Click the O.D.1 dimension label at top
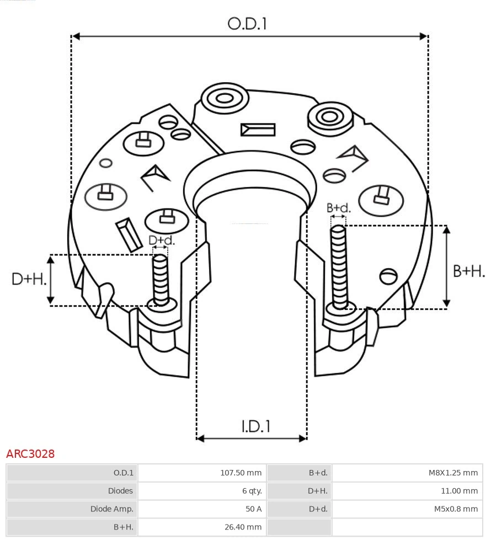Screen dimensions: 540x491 (x=247, y=23)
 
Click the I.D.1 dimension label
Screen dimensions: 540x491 (x=255, y=426)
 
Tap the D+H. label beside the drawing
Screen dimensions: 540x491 (x=29, y=279)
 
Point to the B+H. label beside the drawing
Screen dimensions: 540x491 (x=468, y=271)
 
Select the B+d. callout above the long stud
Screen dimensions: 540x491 (x=338, y=208)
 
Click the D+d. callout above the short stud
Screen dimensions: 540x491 (x=162, y=240)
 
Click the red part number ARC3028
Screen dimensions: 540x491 (x=30, y=454)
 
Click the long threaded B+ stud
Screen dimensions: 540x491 (x=339, y=265)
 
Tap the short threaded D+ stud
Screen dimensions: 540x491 (x=161, y=279)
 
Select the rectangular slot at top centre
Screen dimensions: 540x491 (x=258, y=130)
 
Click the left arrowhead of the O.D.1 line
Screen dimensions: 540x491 (x=76, y=36)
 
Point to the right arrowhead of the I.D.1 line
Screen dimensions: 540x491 (x=303, y=439)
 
